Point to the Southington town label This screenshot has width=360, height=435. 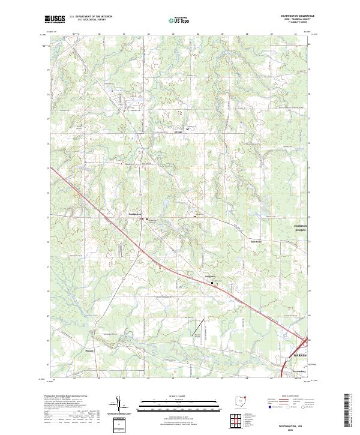(136, 214)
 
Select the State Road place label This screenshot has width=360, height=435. (256, 242)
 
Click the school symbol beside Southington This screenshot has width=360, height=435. (148, 219)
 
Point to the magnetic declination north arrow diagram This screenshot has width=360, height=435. (119, 406)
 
